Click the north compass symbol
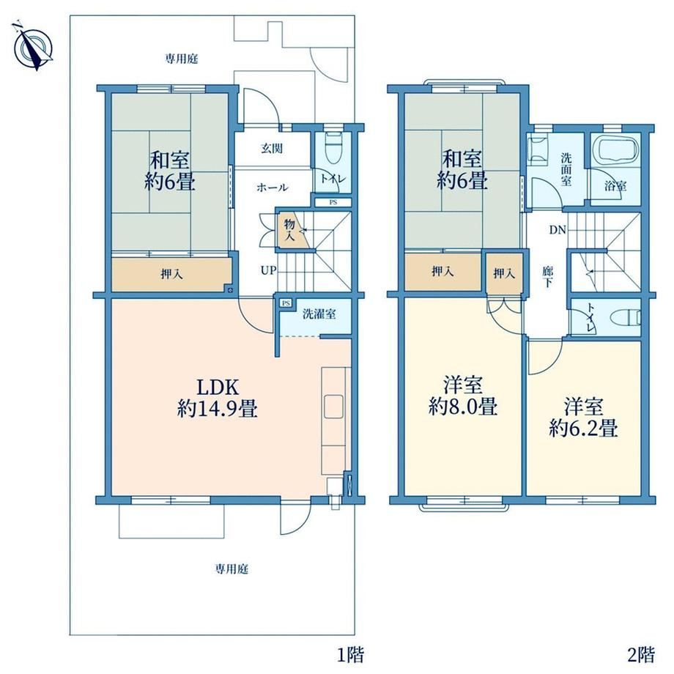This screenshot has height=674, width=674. coord(34,45)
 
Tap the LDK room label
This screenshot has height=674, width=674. coord(217,388)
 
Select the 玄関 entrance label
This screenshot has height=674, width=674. coord(272,149)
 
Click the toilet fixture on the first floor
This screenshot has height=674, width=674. coord(333,148)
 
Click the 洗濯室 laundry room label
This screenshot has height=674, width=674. coord(319,314)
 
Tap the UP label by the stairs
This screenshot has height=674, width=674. coord(268,271)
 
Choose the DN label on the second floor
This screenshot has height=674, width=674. coord(558,230)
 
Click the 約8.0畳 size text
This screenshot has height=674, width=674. coord(463,406)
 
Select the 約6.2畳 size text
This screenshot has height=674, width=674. coord(583,428)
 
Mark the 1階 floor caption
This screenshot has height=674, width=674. coord(350,655)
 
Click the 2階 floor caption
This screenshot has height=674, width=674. coord(641,655)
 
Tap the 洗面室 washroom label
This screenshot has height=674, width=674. coord(566,169)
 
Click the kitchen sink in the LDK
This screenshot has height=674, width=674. coord(333,407)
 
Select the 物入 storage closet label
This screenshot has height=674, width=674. coord(289,229)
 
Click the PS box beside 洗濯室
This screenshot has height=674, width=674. coord(286,303)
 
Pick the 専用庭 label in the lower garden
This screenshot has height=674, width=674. coord(232,569)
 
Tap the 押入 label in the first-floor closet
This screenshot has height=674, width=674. coord(171,274)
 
